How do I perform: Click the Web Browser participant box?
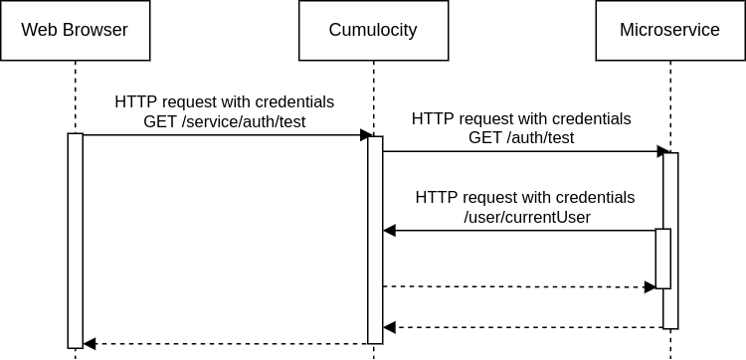tap(76, 30)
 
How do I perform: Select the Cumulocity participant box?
tap(373, 30)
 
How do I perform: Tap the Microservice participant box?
tap(669, 30)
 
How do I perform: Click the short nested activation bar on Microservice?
tap(662, 259)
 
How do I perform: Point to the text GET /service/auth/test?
tap(225, 122)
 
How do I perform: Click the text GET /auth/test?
tap(521, 138)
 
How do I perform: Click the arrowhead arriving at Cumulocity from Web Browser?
tap(365, 134)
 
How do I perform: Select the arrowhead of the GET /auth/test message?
tap(662, 151)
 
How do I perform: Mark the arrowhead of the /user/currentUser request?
tap(390, 231)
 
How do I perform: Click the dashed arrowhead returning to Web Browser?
tap(90, 344)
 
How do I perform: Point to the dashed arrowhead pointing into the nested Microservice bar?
tap(650, 287)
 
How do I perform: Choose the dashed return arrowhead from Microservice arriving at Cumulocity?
tap(390, 327)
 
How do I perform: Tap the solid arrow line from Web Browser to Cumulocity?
tap(219, 134)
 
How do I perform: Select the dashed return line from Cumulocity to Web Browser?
tap(229, 344)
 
